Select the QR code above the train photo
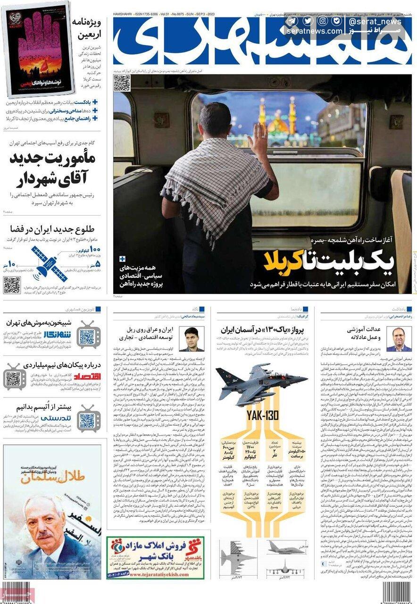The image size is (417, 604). tap(122, 83)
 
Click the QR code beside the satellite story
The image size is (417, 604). tap(12, 285)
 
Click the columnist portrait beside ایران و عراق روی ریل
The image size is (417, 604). tap(192, 339)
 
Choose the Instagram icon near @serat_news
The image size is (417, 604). tap(323, 21)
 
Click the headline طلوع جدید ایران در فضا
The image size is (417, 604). tap(52, 229)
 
